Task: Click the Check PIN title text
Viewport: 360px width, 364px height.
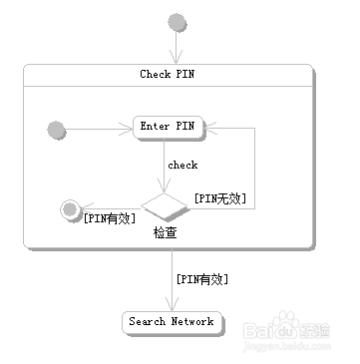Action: (167, 74)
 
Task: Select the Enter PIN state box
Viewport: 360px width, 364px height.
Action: (168, 127)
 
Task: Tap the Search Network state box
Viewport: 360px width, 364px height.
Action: (171, 322)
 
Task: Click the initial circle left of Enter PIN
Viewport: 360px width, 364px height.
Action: (56, 128)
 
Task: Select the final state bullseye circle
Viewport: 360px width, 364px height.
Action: (70, 208)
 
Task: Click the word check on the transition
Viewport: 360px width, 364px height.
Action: (182, 166)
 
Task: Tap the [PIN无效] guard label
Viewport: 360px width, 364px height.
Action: (220, 197)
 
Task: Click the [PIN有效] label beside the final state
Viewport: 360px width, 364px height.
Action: (110, 218)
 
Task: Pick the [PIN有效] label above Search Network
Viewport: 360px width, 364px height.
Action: (201, 279)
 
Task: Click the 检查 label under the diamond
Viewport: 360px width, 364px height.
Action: (166, 232)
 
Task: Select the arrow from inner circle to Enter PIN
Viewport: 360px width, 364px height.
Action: (100, 128)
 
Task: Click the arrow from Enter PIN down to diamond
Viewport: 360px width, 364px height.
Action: (167, 165)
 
